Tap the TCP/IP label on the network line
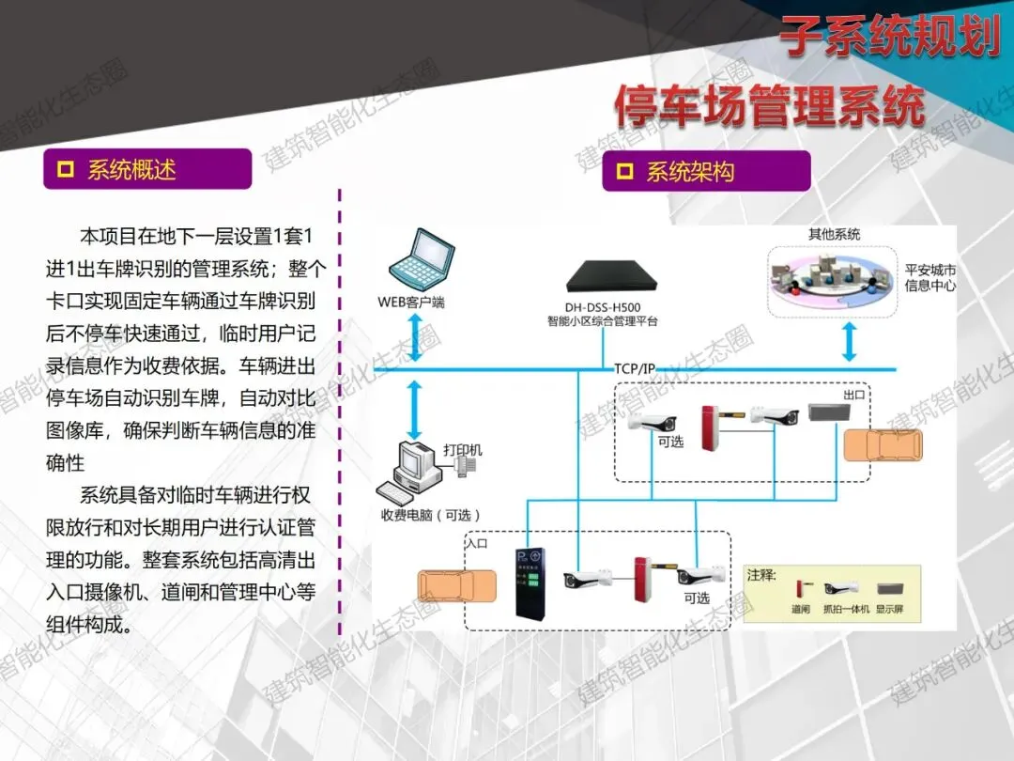coord(635,367)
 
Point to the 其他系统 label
coord(834,234)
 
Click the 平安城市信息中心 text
coord(929,278)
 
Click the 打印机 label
coord(462,450)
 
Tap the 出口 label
coord(853,396)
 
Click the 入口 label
coord(477,543)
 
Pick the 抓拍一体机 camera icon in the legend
coord(841,589)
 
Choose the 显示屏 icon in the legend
coord(889,589)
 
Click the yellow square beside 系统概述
coord(66,169)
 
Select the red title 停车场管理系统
coord(770,106)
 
